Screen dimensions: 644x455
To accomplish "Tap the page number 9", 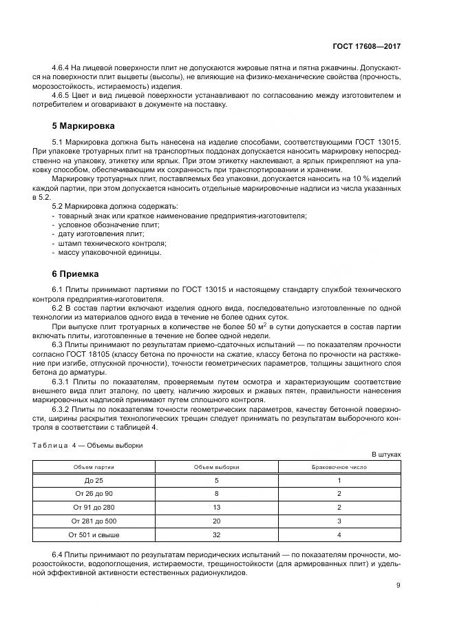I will (398, 585).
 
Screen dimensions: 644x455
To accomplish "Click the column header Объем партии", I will (94, 467).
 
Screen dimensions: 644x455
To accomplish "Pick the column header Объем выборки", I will (217, 467).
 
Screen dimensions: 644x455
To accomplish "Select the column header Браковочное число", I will (339, 467).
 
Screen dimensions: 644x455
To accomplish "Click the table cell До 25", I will (94, 480).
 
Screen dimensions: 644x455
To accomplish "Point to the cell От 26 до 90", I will (94, 493).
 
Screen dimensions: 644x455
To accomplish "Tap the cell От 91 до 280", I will (94, 507).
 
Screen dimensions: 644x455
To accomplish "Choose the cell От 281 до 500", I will (94, 520).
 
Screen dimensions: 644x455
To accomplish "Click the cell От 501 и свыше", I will (94, 534).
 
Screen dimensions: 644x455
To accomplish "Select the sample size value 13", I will (217, 507).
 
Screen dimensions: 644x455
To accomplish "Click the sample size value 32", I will (217, 534).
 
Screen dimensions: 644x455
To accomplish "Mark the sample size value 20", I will (217, 520).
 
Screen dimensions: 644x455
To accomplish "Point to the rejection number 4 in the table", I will (339, 534).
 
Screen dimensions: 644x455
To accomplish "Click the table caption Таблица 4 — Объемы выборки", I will (88, 445).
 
